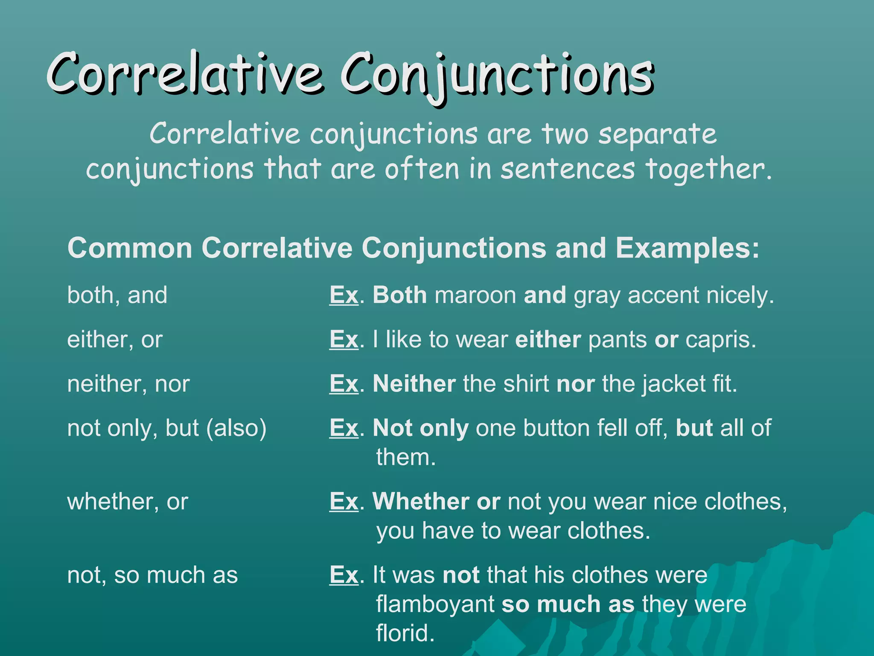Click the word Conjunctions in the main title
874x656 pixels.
[497, 75]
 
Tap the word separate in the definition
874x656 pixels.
[657, 134]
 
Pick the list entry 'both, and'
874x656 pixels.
[117, 296]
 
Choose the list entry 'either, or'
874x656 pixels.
[115, 340]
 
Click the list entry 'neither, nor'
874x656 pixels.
[128, 384]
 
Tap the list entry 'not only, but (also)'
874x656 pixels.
[167, 428]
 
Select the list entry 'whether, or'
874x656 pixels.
[128, 502]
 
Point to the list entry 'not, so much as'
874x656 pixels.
[152, 575]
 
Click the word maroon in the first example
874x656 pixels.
[475, 296]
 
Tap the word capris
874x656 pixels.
[721, 340]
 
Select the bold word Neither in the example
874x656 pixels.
[414, 384]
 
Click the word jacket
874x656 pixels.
[674, 384]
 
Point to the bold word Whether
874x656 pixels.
[421, 502]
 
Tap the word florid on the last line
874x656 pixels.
[405, 633]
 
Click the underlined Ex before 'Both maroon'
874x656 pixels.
[344, 296]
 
